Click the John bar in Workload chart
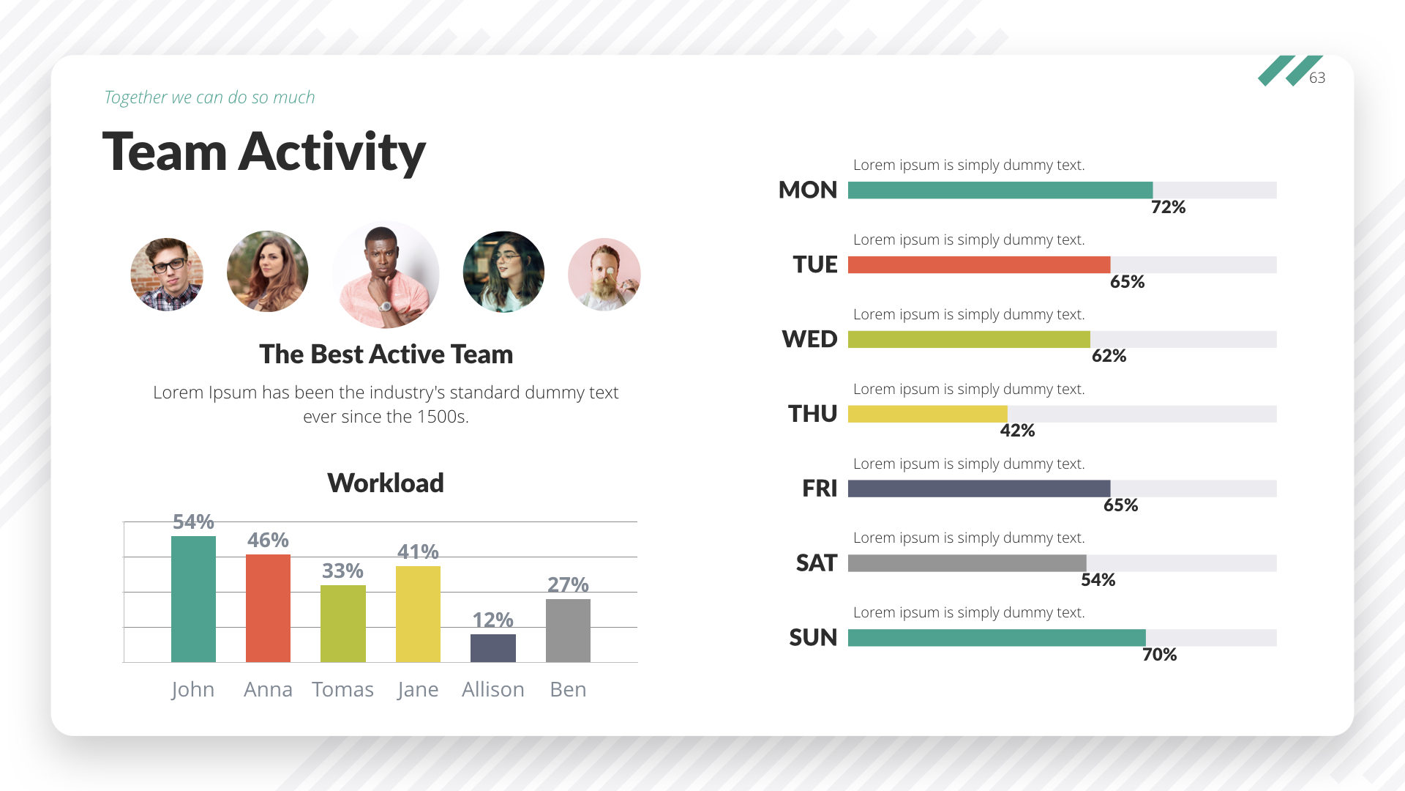click(193, 599)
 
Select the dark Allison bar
click(492, 648)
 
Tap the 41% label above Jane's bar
click(418, 552)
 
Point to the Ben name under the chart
click(568, 689)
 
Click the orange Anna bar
click(268, 608)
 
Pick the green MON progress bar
click(1000, 190)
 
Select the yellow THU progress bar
click(927, 414)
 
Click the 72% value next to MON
click(1168, 207)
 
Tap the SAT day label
click(816, 563)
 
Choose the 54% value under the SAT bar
click(1098, 580)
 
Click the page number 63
click(1317, 78)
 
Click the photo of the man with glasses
click(167, 275)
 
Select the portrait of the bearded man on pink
click(604, 275)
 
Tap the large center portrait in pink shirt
click(386, 275)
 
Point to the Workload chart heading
click(386, 483)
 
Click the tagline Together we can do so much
click(209, 97)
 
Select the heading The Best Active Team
click(386, 354)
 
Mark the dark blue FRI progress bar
click(978, 489)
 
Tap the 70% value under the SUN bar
click(1159, 655)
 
